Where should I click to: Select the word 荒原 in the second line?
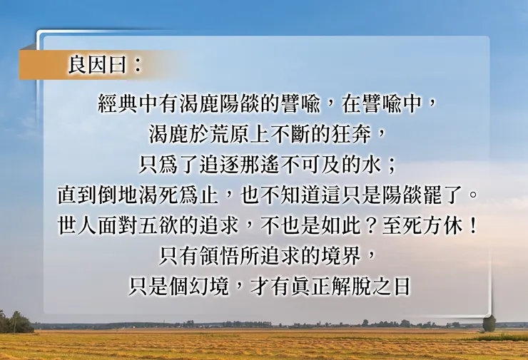(x=233, y=135)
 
